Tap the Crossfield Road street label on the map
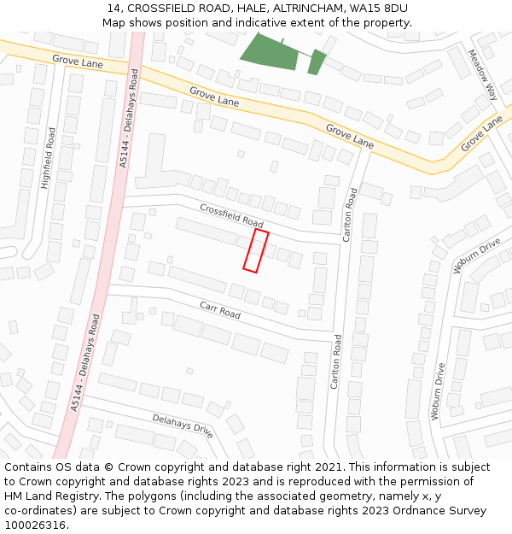pyautogui.click(x=231, y=215)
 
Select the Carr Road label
pyautogui.click(x=220, y=309)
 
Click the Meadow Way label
pyautogui.click(x=482, y=74)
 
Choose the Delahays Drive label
pyautogui.click(x=183, y=425)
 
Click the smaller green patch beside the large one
pyautogui.click(x=317, y=62)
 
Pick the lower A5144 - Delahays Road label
pyautogui.click(x=85, y=362)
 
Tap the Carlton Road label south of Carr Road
pyautogui.click(x=335, y=361)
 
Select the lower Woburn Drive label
pyautogui.click(x=438, y=392)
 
